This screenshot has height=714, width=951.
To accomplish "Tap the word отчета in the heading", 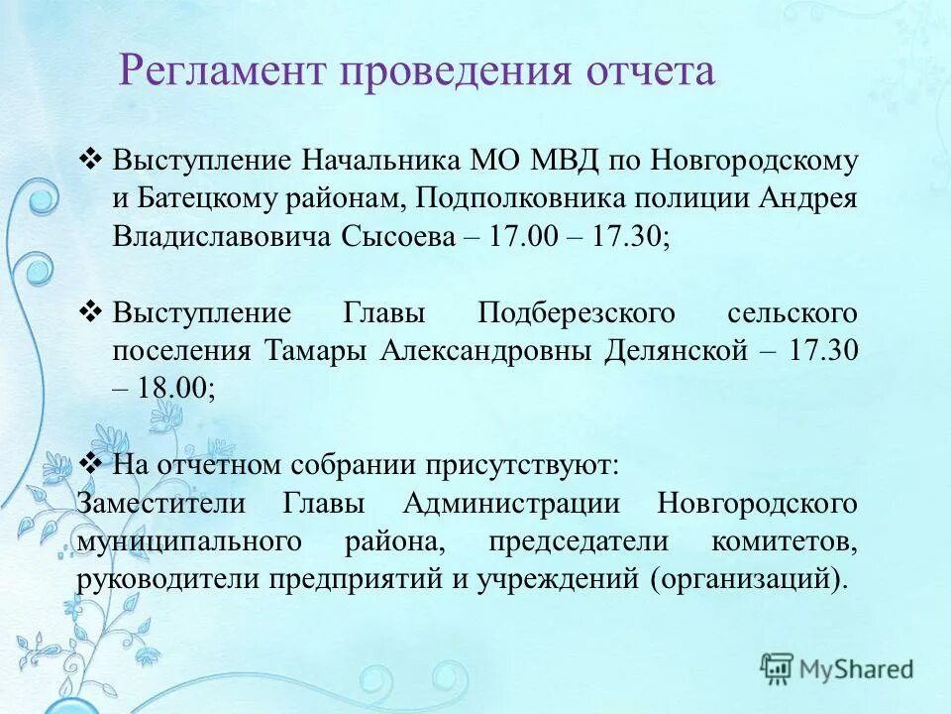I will point(651,71).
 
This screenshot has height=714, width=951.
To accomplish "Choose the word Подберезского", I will point(577,313).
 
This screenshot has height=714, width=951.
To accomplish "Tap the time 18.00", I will point(174,389).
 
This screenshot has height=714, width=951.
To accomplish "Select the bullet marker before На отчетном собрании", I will point(90,463).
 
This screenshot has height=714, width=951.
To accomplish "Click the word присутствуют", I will point(524,464).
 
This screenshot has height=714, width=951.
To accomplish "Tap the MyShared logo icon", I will point(778,668).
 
